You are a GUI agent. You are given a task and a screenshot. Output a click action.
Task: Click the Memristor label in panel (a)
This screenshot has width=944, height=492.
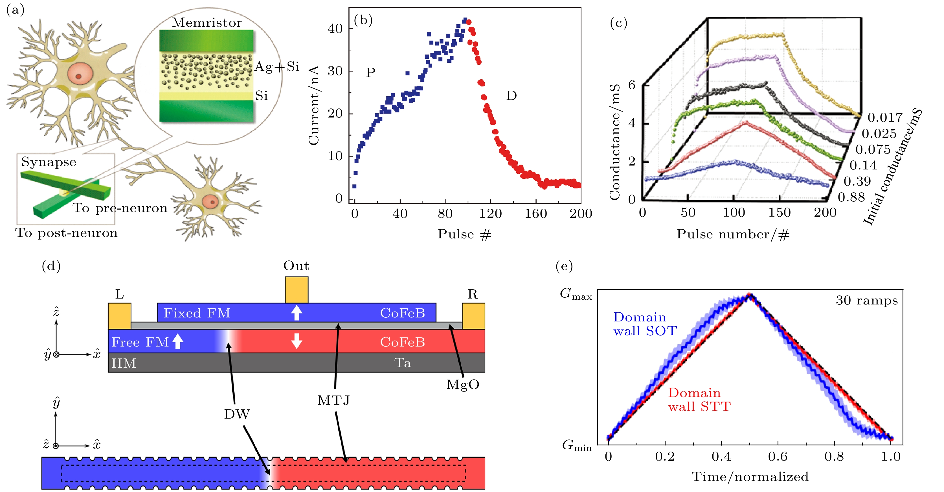tap(207, 23)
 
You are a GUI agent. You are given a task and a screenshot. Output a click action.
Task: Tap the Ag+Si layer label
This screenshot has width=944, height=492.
tap(277, 67)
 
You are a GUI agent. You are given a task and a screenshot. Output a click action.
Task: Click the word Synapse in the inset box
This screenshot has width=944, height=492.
tap(49, 162)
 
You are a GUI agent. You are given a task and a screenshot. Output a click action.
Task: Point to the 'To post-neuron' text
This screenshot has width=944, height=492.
tap(66, 233)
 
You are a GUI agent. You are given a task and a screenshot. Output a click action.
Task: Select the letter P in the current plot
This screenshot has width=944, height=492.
tap(370, 73)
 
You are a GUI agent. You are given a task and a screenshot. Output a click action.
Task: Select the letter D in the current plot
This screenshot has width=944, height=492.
tap(511, 96)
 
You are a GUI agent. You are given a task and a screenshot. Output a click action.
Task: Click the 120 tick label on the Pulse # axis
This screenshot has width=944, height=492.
tap(490, 214)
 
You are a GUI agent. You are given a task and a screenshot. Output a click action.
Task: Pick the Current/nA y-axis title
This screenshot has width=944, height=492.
tap(314, 106)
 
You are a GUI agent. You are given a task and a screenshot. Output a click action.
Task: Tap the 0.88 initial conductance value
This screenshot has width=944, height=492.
tap(851, 197)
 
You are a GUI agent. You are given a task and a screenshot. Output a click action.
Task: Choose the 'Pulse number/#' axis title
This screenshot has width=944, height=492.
tap(733, 234)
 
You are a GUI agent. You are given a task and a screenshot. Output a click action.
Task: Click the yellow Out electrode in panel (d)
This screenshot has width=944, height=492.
tap(297, 289)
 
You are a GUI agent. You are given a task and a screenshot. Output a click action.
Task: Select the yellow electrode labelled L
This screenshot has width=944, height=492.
tap(119, 315)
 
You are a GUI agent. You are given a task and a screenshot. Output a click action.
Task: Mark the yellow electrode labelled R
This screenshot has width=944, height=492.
tap(473, 315)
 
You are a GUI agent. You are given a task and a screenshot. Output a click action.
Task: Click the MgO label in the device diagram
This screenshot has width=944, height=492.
tap(462, 384)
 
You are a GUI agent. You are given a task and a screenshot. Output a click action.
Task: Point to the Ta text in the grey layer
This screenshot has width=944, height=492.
tap(402, 363)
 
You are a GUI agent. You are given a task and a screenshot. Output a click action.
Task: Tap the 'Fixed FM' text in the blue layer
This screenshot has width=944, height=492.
tap(197, 313)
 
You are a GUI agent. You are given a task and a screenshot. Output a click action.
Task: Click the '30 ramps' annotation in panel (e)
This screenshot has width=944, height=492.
tap(867, 301)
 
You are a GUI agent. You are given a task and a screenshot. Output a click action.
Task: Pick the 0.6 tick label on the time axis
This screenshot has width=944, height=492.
tap(778, 457)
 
